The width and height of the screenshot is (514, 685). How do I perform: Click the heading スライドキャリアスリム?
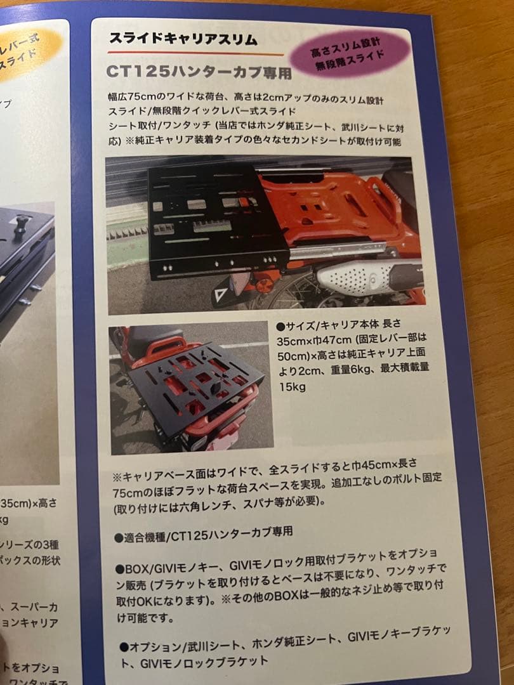tap(183, 39)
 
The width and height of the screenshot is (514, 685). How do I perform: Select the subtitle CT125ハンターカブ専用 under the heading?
tap(199, 71)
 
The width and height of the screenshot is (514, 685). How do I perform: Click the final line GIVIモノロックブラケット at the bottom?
tap(204, 662)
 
